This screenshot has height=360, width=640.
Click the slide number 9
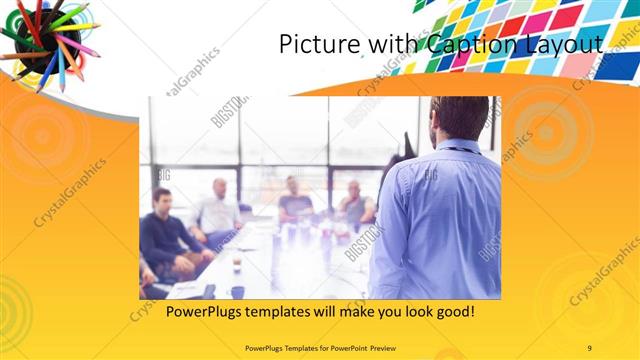click(x=590, y=347)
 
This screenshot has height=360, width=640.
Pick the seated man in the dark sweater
click(x=165, y=235)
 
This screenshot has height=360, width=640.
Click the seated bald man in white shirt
click(x=218, y=210)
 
